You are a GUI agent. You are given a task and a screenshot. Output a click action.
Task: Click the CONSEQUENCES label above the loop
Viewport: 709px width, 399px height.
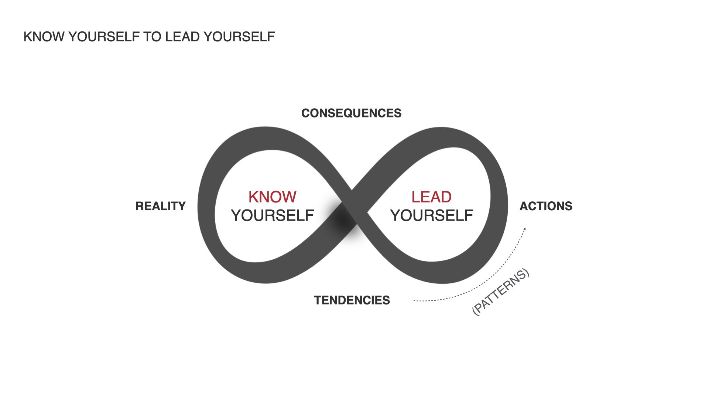click(x=351, y=113)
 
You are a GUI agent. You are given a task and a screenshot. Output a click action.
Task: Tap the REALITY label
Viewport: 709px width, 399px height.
click(x=161, y=206)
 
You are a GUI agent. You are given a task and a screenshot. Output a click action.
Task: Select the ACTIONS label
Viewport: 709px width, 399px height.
click(x=546, y=206)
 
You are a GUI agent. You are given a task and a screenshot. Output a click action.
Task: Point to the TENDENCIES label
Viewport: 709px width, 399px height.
click(x=352, y=300)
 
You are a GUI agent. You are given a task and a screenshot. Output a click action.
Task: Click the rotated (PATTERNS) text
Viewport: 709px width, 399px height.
click(x=501, y=292)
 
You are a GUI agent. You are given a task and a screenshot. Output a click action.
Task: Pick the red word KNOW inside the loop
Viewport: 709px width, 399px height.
click(x=273, y=197)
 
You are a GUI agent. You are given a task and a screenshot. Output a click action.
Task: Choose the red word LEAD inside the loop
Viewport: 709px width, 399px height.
click(x=431, y=197)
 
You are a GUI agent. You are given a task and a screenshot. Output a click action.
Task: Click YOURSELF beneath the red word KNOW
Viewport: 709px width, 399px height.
click(x=273, y=215)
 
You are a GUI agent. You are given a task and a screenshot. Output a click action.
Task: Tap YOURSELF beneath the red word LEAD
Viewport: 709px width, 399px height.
click(x=432, y=215)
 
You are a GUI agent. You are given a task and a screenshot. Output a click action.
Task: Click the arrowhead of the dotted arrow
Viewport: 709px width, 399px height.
click(x=524, y=229)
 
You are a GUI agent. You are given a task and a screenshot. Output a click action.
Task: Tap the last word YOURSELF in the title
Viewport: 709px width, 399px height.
click(x=239, y=37)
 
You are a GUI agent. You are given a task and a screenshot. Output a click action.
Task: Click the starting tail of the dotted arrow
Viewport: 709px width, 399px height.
click(x=415, y=301)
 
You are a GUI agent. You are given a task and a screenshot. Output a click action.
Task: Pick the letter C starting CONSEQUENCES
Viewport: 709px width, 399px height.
click(x=306, y=113)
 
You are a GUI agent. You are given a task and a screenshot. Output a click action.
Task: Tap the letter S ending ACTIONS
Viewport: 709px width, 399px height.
click(x=569, y=206)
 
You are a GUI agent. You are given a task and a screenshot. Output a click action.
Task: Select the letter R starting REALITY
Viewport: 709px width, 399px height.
click(x=140, y=206)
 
